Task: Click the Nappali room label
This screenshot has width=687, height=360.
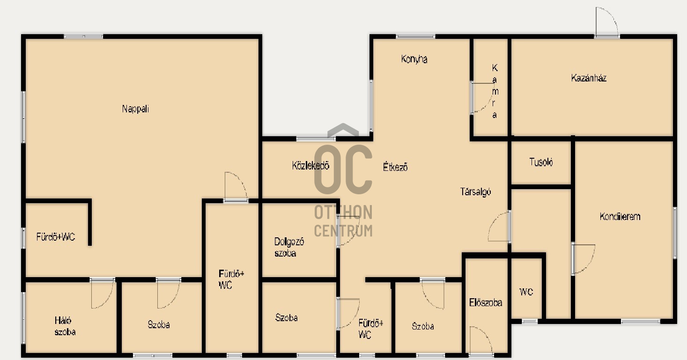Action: click(135, 109)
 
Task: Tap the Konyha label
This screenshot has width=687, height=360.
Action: click(414, 59)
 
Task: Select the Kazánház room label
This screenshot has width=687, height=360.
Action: click(589, 78)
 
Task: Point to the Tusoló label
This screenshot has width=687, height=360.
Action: click(541, 162)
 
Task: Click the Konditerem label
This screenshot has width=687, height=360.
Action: click(620, 216)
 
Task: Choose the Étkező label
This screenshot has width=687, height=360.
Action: click(395, 167)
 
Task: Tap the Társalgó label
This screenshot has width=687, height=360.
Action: click(475, 191)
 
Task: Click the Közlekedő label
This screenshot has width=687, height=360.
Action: click(310, 166)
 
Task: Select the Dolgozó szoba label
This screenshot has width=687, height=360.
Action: click(289, 247)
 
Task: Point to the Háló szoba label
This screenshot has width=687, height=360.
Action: click(65, 326)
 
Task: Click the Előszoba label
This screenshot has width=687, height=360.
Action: click(486, 303)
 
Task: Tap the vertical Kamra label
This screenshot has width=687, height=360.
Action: click(495, 91)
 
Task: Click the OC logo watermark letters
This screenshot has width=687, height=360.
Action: click(343, 169)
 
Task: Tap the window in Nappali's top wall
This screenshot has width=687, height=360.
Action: click(83, 37)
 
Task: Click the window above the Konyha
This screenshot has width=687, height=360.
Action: click(415, 36)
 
